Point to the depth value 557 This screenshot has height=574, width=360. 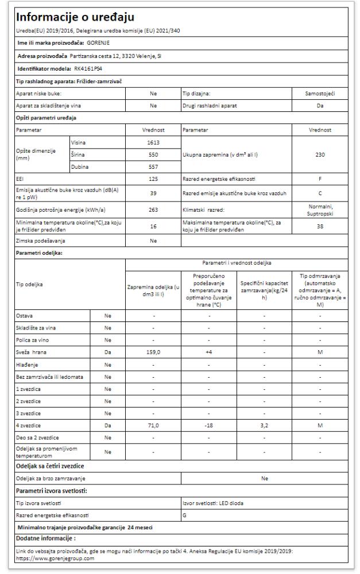(152, 166)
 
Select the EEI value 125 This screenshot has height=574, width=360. (152, 179)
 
